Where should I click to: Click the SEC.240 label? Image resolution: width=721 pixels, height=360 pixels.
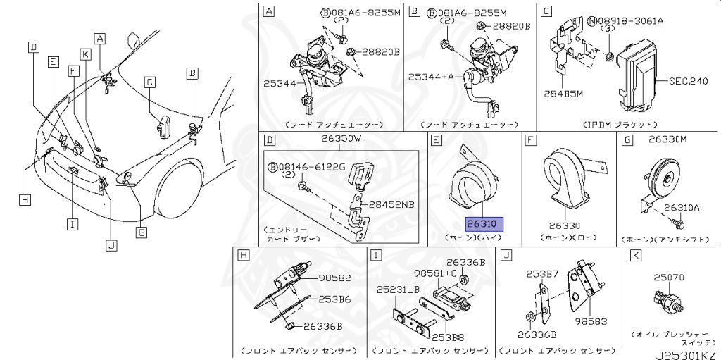[687, 82]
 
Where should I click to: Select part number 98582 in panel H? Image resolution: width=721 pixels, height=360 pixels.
[334, 278]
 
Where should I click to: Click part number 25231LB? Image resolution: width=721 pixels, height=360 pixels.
[399, 290]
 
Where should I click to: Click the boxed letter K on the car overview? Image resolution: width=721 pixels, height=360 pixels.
[85, 54]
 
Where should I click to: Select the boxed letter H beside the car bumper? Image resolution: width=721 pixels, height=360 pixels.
[25, 200]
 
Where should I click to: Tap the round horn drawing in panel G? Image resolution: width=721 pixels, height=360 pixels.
[662, 174]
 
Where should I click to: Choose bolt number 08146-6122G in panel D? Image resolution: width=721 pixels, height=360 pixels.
[312, 166]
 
